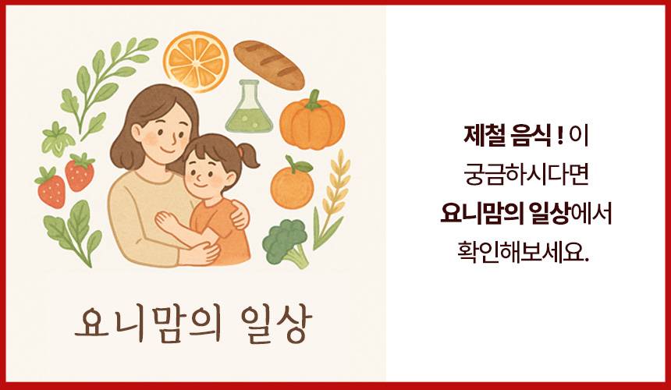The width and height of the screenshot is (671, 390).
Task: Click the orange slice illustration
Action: (x=196, y=61)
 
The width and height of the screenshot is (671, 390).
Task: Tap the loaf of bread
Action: (x=268, y=65)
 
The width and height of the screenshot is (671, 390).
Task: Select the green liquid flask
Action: (x=249, y=107)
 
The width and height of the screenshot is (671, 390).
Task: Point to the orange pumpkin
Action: (x=312, y=123)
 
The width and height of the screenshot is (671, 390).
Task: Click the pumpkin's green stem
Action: (x=314, y=99)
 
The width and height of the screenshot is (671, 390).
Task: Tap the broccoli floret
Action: (x=286, y=243)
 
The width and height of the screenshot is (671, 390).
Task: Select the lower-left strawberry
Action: (x=51, y=189)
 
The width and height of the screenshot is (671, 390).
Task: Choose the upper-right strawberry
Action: (x=80, y=172)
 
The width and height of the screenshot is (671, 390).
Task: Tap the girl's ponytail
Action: (x=249, y=157)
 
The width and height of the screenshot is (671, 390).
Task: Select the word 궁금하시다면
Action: (x=527, y=175)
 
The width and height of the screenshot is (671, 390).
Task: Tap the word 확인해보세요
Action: (x=524, y=252)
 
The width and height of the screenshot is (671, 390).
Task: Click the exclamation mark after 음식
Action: (x=560, y=136)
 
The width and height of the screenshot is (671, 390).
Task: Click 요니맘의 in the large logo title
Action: (x=148, y=324)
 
